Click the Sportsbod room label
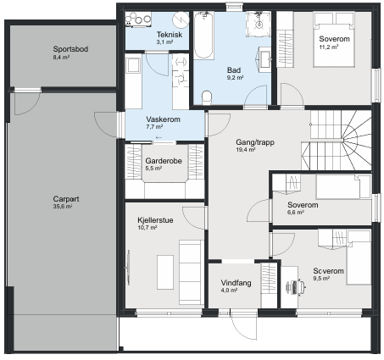(70, 49)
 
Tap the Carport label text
(66, 199)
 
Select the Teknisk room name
(170, 35)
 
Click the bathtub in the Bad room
(203, 36)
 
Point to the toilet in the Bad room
(207, 97)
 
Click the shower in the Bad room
(259, 24)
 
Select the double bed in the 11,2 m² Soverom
(334, 40)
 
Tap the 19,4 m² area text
(246, 150)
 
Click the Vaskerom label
(163, 119)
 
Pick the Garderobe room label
(164, 161)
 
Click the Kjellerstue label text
(155, 220)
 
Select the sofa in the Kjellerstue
(192, 272)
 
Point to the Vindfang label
(236, 283)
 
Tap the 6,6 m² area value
(296, 213)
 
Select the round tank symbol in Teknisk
(181, 19)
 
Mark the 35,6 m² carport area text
(63, 207)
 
